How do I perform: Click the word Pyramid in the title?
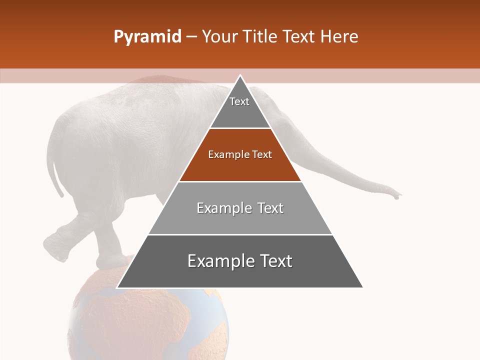click(x=147, y=37)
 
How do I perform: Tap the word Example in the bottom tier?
click(x=215, y=261)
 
